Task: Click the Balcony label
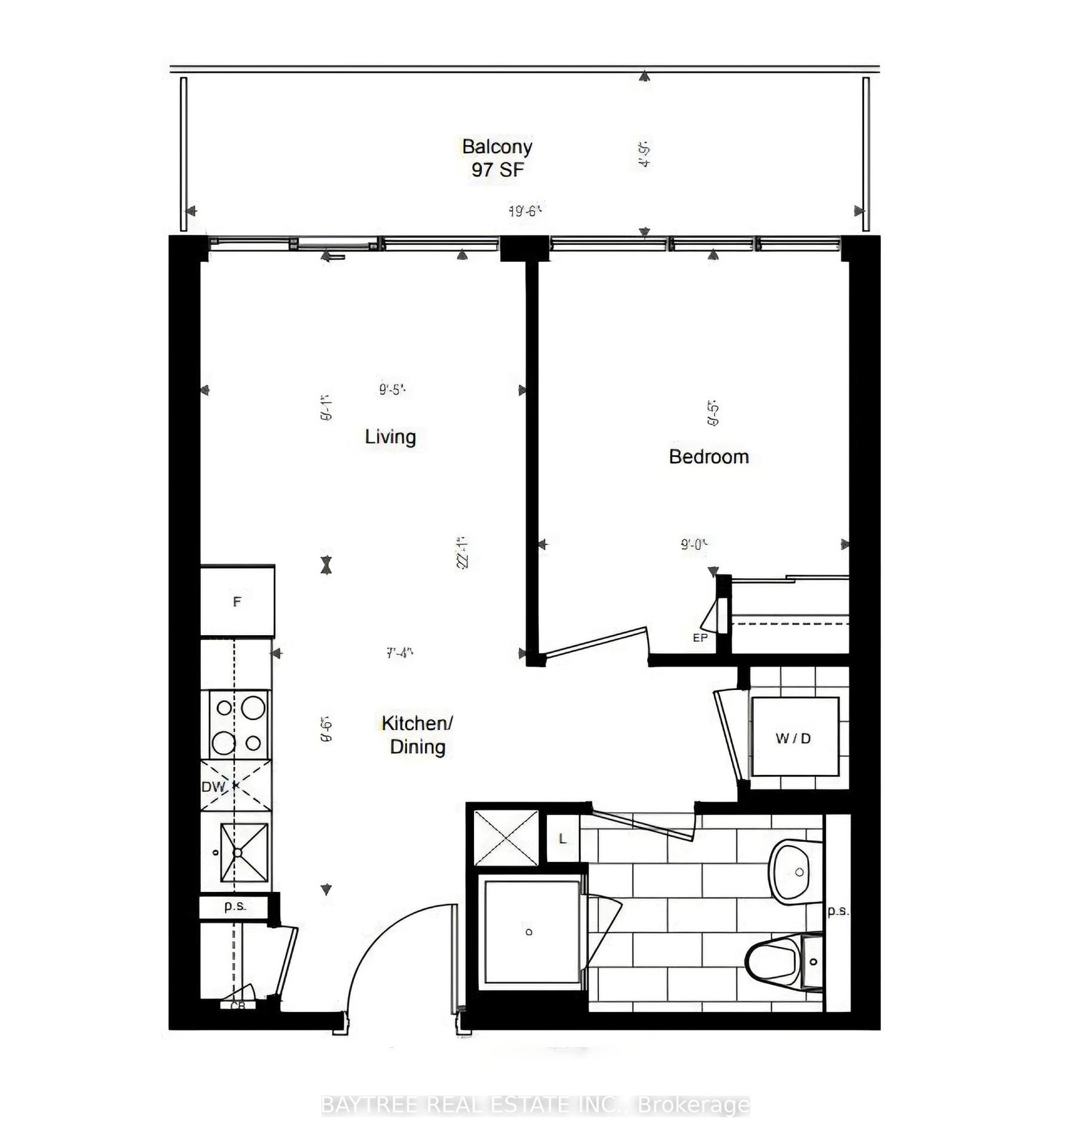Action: [x=497, y=147]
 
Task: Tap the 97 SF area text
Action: [x=497, y=170]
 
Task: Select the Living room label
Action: [x=390, y=437]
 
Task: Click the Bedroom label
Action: [x=708, y=457]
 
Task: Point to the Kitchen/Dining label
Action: [x=417, y=735]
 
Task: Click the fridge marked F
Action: [x=237, y=601]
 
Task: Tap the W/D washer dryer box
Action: [x=794, y=737]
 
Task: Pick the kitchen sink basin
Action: [x=244, y=852]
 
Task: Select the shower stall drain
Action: [x=529, y=932]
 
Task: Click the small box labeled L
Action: [x=562, y=839]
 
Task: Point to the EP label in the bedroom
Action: [x=700, y=638]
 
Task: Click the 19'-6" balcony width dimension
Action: [x=524, y=211]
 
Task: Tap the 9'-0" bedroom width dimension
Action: [x=694, y=545]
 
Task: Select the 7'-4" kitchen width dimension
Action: [x=400, y=652]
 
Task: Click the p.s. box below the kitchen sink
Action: [x=235, y=907]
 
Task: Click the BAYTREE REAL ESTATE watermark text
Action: [x=535, y=1105]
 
